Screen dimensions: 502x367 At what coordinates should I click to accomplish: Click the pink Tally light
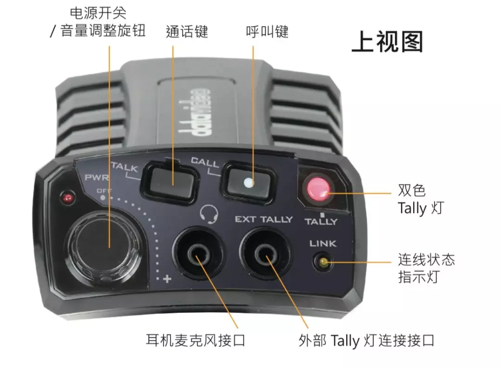click(318, 189)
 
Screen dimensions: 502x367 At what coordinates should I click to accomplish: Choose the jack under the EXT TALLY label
click(266, 254)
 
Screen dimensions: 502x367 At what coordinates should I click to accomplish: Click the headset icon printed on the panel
click(209, 214)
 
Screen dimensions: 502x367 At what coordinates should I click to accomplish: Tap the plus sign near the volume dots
click(167, 279)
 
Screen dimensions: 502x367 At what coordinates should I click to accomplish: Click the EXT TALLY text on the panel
click(264, 219)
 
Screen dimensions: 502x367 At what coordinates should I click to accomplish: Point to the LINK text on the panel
click(323, 243)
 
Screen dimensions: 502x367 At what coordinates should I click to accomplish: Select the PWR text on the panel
click(96, 177)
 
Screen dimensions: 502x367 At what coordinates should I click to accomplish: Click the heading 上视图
click(387, 41)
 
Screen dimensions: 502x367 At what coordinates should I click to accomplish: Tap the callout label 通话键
click(187, 32)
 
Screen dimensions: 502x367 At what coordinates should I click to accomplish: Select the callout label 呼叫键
click(267, 32)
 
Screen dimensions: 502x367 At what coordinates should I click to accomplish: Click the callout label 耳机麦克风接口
click(196, 340)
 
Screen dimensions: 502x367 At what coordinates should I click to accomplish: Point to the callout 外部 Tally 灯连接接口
click(366, 341)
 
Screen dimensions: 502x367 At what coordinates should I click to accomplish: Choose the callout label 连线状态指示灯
click(426, 268)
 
